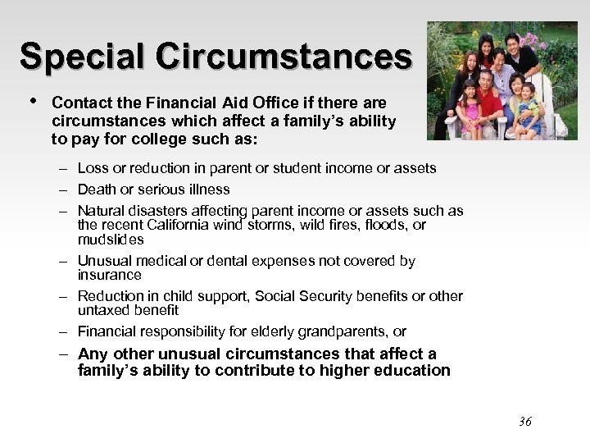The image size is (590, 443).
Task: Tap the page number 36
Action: coord(525,422)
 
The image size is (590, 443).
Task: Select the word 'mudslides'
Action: coord(111,240)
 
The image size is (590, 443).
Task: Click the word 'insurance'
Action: coord(110,275)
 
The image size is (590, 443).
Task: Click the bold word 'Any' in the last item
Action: coord(93,354)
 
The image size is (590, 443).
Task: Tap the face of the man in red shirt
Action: coord(486,82)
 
